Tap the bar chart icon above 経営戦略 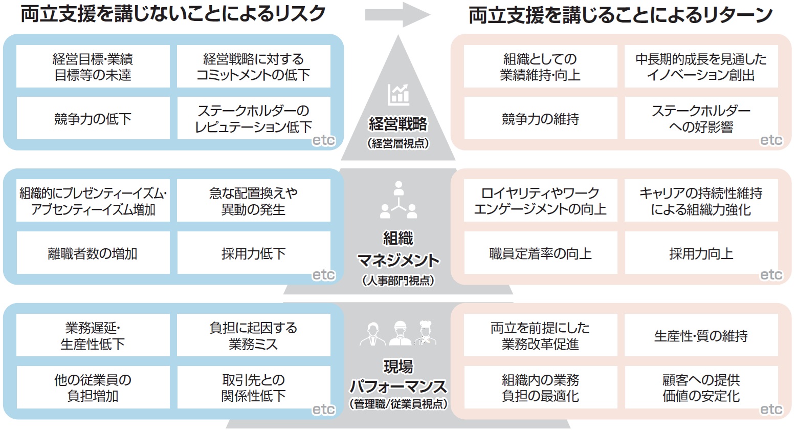pyautogui.click(x=398, y=95)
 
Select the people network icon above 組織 pyautogui.click(x=398, y=201)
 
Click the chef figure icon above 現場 pyautogui.click(x=425, y=333)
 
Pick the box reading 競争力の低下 pyautogui.click(x=93, y=119)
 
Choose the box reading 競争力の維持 pyautogui.click(x=540, y=119)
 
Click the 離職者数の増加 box pyautogui.click(x=93, y=253)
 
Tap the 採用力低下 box pyautogui.click(x=254, y=253)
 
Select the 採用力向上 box pyautogui.click(x=701, y=253)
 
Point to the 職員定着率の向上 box pyautogui.click(x=540, y=253)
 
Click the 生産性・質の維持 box pyautogui.click(x=701, y=336)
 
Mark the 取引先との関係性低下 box pyautogui.click(x=254, y=388)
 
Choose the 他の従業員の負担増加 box pyautogui.click(x=93, y=388)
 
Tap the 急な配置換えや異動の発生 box pyautogui.click(x=254, y=201)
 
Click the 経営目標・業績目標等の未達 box pyautogui.click(x=93, y=67)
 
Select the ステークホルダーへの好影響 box pyautogui.click(x=701, y=119)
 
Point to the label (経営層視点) pyautogui.click(x=398, y=144)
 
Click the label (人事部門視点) pyautogui.click(x=398, y=281)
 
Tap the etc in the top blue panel pyautogui.click(x=323, y=140)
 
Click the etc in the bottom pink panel pyautogui.click(x=771, y=410)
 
